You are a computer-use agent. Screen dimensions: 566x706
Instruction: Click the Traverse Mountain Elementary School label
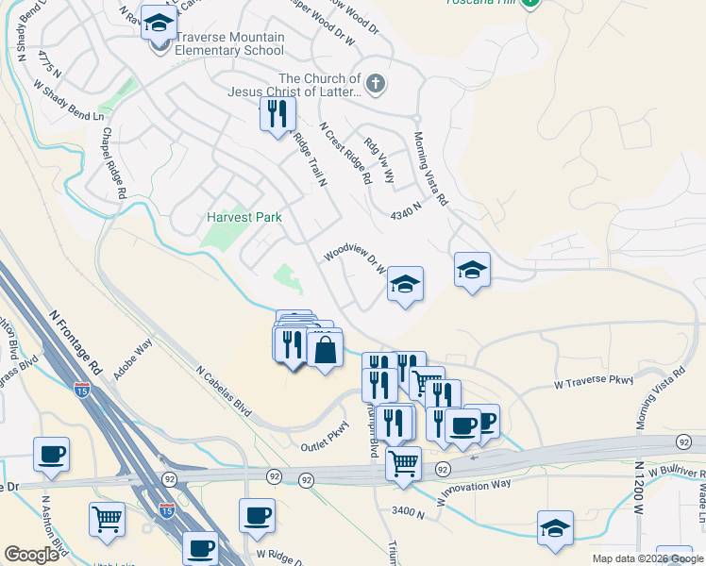click(x=225, y=44)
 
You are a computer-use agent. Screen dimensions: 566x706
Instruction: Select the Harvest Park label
click(x=244, y=217)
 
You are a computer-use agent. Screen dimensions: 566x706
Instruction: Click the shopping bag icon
click(x=325, y=351)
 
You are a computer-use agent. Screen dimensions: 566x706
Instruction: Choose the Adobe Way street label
click(x=133, y=359)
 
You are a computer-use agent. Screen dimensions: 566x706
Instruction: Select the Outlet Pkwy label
click(x=326, y=441)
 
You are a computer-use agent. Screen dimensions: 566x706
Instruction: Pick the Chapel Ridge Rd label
click(x=115, y=163)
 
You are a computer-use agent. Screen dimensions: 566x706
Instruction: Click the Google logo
click(x=31, y=555)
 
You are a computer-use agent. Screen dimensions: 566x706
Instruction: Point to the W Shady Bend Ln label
click(x=69, y=101)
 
